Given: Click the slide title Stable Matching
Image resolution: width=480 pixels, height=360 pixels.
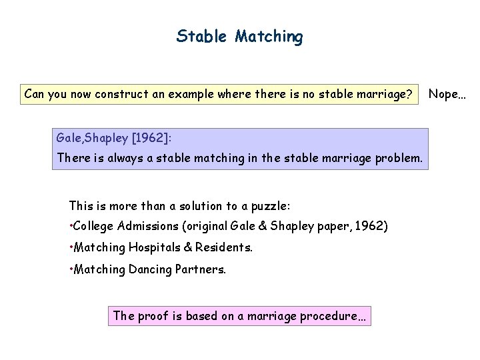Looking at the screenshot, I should (x=239, y=36).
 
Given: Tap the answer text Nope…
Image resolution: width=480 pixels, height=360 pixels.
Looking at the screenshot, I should (x=447, y=94).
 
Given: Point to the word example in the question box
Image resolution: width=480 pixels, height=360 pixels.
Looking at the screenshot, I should (x=190, y=94).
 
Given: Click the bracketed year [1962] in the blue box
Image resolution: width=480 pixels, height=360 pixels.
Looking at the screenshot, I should (x=151, y=138).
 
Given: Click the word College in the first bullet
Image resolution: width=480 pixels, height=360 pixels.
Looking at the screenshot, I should (x=95, y=227).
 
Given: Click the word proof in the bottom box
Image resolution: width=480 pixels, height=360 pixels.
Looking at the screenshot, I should (x=153, y=315).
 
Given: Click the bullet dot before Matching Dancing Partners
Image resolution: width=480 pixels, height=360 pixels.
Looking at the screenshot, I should (x=71, y=269).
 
